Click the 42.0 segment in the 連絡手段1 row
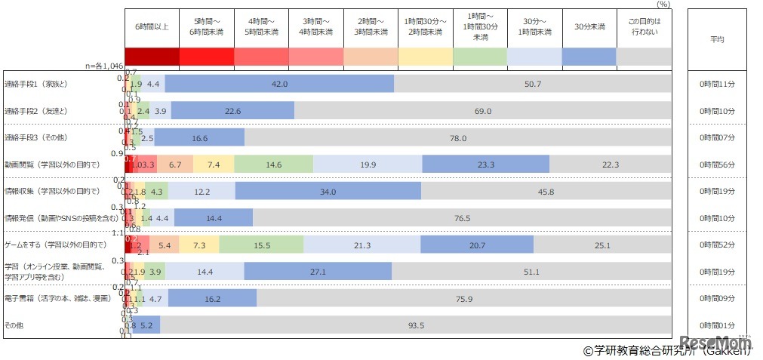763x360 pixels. click(279, 84)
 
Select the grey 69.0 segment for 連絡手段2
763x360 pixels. click(482, 111)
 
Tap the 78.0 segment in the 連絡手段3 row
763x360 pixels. click(457, 138)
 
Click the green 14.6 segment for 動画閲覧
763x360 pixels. click(273, 165)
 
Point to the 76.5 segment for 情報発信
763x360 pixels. click(462, 218)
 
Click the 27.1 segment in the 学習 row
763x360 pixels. click(317, 272)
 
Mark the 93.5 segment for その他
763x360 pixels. click(415, 325)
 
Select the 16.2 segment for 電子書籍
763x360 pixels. click(212, 299)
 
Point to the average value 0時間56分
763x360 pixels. click(717, 165)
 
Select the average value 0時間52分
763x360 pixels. click(717, 245)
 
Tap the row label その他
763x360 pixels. click(15, 325)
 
